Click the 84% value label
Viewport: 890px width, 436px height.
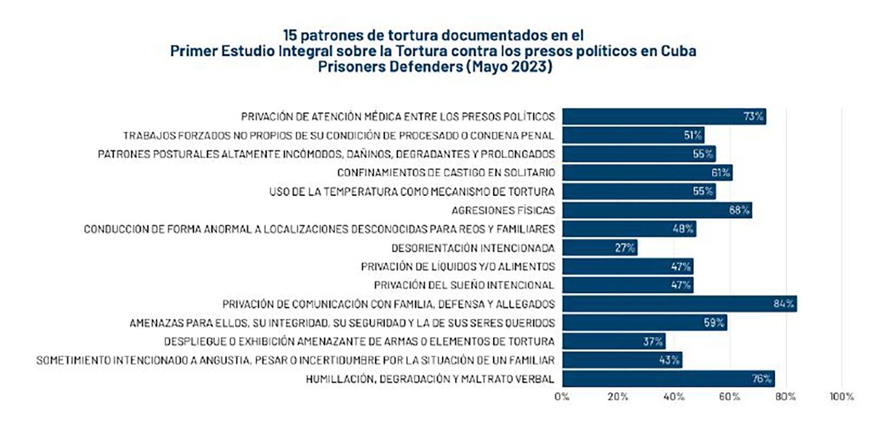[783, 304]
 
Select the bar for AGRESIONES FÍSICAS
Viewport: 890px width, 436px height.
[657, 210]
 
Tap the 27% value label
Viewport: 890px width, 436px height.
[624, 248]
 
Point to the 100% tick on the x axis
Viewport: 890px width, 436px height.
[842, 397]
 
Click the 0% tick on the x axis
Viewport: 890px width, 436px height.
[562, 397]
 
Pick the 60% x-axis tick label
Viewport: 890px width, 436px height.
[730, 397]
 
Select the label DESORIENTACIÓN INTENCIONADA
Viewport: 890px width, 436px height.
[473, 248]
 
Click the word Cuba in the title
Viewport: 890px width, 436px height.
[678, 50]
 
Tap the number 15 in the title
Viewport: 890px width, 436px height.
[290, 35]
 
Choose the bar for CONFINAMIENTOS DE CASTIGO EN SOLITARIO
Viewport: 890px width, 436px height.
[647, 173]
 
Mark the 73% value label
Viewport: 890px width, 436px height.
[753, 116]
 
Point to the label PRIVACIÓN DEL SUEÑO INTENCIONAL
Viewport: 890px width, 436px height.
[464, 285]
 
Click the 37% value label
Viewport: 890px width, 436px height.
[653, 342]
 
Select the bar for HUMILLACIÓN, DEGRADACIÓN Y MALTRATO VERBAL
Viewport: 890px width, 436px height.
[668, 379]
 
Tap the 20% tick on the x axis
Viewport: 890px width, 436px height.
[618, 397]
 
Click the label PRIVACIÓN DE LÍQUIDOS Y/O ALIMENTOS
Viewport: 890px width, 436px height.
[458, 267]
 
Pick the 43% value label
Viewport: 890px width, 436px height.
[669, 360]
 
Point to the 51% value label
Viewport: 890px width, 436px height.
[693, 135]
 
